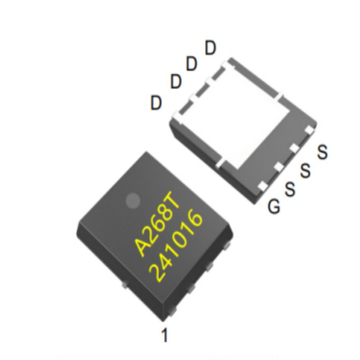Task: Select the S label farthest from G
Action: (322, 152)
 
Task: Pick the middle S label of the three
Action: (306, 171)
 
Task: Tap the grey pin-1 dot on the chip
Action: (133, 201)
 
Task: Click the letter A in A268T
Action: (144, 246)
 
